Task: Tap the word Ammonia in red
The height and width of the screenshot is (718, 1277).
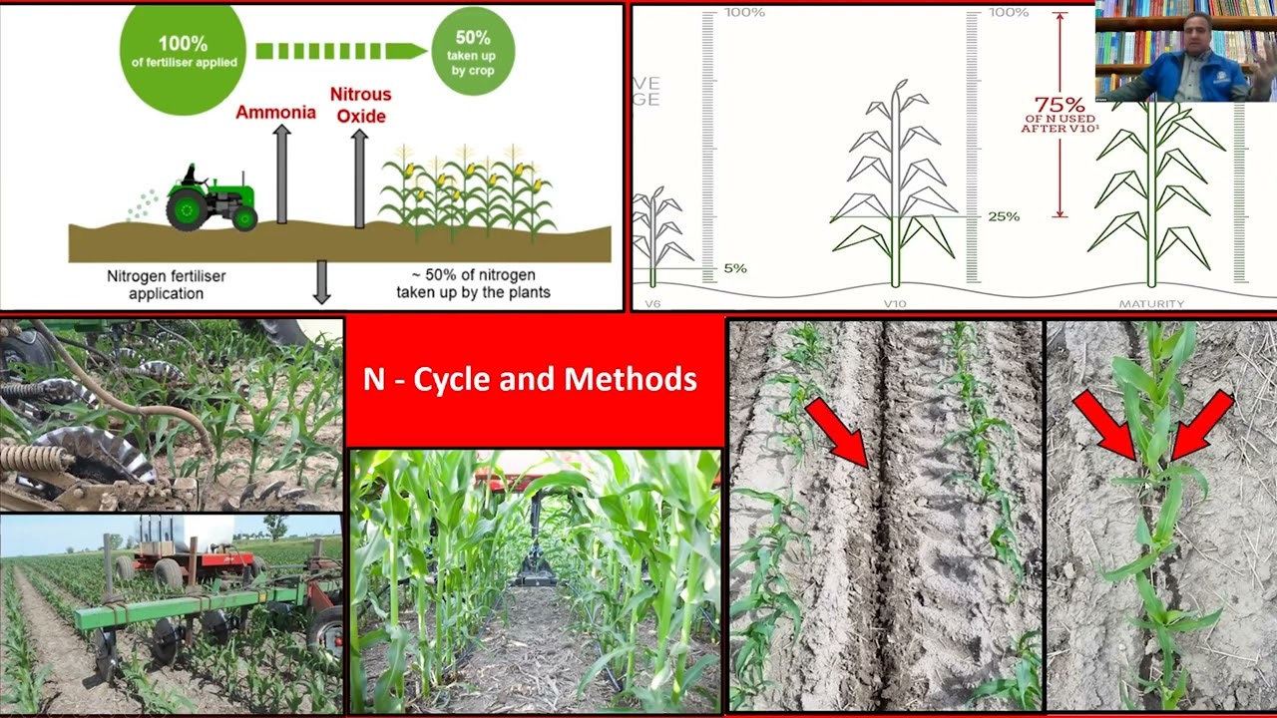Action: tap(275, 112)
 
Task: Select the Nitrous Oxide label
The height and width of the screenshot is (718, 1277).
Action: tap(360, 105)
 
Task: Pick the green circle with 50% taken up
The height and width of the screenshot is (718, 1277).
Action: tap(473, 50)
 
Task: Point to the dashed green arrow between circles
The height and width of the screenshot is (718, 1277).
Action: tap(340, 50)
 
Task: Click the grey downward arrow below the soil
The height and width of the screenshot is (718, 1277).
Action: tap(321, 281)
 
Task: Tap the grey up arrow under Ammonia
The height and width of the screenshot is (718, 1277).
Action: tap(281, 174)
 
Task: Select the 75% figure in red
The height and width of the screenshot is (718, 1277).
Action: tap(1059, 105)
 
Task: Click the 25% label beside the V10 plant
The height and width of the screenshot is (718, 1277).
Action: tap(1004, 216)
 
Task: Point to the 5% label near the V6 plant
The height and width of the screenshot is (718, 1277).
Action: tap(734, 268)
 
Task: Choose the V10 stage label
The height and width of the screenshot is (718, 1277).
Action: tap(894, 303)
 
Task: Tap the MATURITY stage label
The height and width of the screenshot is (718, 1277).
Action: tap(1150, 303)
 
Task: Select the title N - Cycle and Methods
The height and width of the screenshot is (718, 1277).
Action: tap(530, 379)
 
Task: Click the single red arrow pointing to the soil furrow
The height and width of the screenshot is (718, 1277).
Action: tap(838, 432)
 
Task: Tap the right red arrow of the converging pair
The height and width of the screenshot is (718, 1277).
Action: tap(1203, 425)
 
